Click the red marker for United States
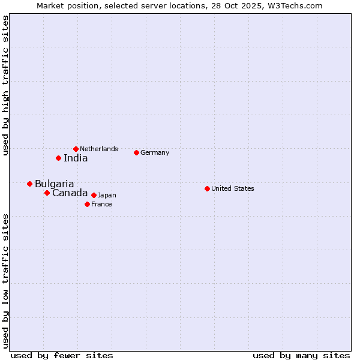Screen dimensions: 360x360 click(207, 188)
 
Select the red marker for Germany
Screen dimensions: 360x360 click(136, 152)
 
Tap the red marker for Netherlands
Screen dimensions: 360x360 click(76, 149)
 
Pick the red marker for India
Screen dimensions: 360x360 click(58, 158)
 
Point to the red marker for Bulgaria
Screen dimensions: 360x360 click(29, 184)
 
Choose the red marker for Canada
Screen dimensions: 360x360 click(47, 193)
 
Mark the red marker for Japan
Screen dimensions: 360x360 click(94, 195)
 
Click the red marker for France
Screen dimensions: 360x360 click(87, 204)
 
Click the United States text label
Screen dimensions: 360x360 click(233, 188)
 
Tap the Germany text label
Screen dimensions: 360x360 click(155, 152)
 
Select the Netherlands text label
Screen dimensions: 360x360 click(99, 149)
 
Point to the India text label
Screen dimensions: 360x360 click(76, 158)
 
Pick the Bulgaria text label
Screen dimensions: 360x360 click(55, 184)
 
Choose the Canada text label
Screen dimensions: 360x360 click(70, 193)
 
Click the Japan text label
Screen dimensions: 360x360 click(107, 195)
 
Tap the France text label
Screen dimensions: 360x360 click(101, 204)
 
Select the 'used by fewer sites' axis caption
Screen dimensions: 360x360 click(62, 355)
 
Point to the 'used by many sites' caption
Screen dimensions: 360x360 click(301, 355)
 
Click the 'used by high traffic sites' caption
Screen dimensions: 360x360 click(5, 86)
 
